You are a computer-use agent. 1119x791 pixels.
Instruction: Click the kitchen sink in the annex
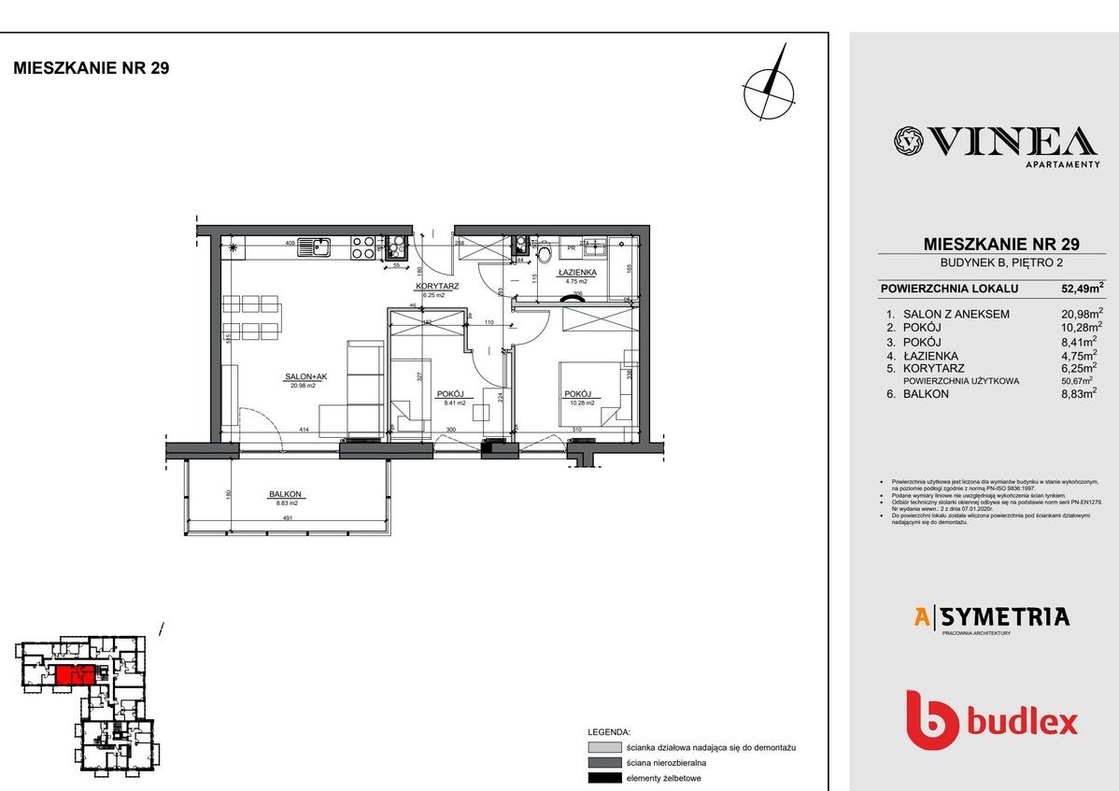[x=321, y=247]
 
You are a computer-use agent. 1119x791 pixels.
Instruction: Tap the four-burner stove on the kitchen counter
[x=362, y=247]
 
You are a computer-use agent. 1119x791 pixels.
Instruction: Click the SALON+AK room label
[x=306, y=377]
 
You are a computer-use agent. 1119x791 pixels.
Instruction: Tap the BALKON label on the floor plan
[x=285, y=495]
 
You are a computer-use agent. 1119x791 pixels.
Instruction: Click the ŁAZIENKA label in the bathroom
[x=572, y=273]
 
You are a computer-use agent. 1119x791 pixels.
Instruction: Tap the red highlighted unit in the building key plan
[x=74, y=675]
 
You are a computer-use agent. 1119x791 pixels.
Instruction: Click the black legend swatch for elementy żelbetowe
[x=604, y=778]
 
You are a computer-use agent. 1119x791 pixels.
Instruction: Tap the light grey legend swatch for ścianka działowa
[x=604, y=747]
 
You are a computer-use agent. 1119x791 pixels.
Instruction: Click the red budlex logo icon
[x=932, y=720]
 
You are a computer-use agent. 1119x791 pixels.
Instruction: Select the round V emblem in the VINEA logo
[x=907, y=141]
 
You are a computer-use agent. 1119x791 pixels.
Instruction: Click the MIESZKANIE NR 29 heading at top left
[x=91, y=68]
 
